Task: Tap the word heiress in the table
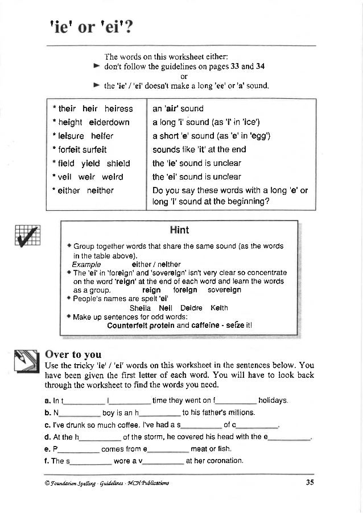pos(118,109)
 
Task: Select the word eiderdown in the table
pos(109,122)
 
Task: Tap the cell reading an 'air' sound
pos(178,109)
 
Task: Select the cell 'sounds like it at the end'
pos(199,149)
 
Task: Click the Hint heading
pos(179,230)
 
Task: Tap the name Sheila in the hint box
pos(141,308)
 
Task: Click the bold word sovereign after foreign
pos(224,290)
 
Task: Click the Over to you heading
pos(73,354)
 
